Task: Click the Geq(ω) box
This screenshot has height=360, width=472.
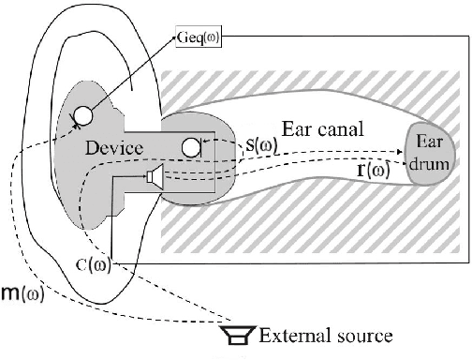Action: (x=198, y=39)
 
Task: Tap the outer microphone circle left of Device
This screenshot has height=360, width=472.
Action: (x=82, y=115)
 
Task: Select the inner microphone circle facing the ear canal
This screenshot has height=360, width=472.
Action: (x=191, y=146)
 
